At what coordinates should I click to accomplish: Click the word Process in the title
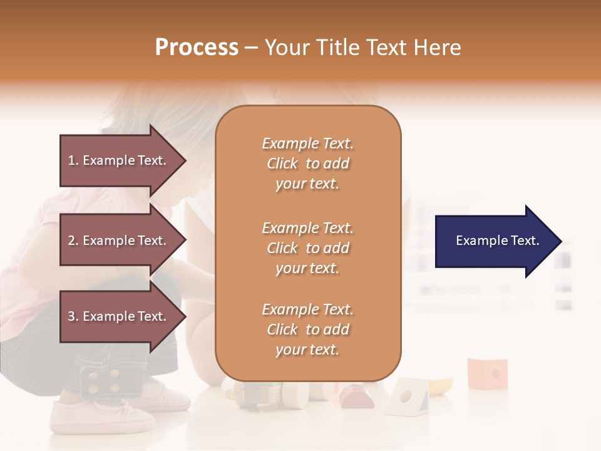tap(197, 48)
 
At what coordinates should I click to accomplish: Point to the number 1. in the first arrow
tap(73, 160)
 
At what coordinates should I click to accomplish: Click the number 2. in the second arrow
tap(73, 241)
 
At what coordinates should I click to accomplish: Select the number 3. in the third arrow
tap(73, 316)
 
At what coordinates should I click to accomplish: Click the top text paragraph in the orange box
tap(307, 163)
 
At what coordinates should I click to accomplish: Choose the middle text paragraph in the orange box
tap(307, 247)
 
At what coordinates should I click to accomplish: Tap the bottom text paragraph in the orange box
tap(307, 329)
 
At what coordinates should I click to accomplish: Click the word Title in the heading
tap(338, 48)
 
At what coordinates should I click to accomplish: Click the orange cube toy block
tap(487, 373)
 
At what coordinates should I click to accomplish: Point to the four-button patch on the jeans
tap(105, 380)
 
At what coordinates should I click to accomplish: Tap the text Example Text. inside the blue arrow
tap(498, 241)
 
